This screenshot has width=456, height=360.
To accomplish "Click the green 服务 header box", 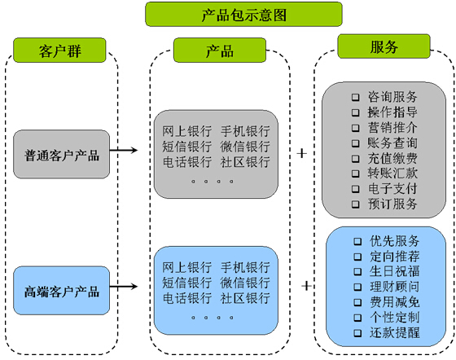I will pyautogui.click(x=384, y=47).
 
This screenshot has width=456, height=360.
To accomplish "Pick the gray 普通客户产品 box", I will pyautogui.click(x=62, y=155).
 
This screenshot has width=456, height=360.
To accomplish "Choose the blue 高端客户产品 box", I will pyautogui.click(x=62, y=291).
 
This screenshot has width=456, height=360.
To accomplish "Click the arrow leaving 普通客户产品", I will pyautogui.click(x=122, y=151).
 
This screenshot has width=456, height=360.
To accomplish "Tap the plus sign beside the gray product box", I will pyautogui.click(x=302, y=152).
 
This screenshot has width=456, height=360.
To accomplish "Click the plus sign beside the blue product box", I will pyautogui.click(x=307, y=286).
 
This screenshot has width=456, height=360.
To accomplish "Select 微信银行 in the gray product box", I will pyautogui.click(x=245, y=147).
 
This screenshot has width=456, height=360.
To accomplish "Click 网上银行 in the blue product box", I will pyautogui.click(x=188, y=267).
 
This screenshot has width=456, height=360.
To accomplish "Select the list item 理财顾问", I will pyautogui.click(x=395, y=287).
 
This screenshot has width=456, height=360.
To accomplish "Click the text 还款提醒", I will pyautogui.click(x=395, y=333).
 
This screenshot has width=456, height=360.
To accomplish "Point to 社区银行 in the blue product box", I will pyautogui.click(x=245, y=299).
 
